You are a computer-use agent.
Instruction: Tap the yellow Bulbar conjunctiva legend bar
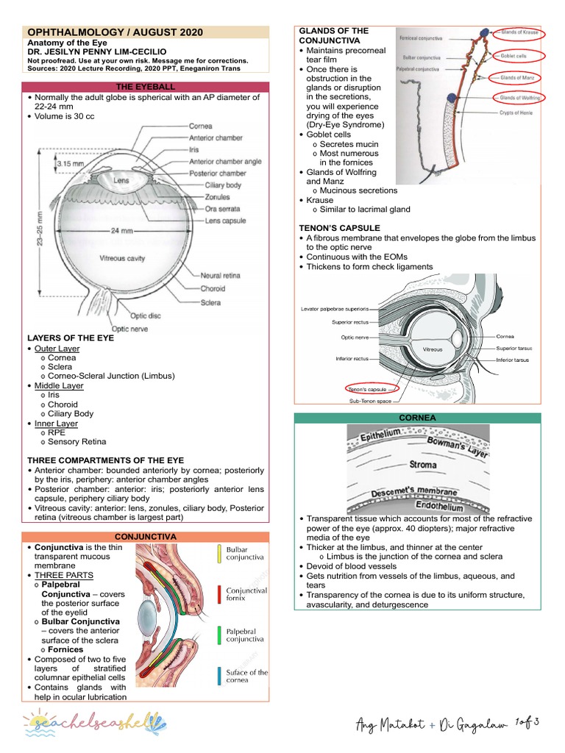tap(219, 554)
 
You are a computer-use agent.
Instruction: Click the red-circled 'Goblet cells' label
tap(517, 54)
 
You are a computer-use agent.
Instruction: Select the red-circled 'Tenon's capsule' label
tap(368, 388)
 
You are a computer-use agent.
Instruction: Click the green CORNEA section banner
tap(417, 418)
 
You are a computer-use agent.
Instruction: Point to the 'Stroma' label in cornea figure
tap(423, 465)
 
